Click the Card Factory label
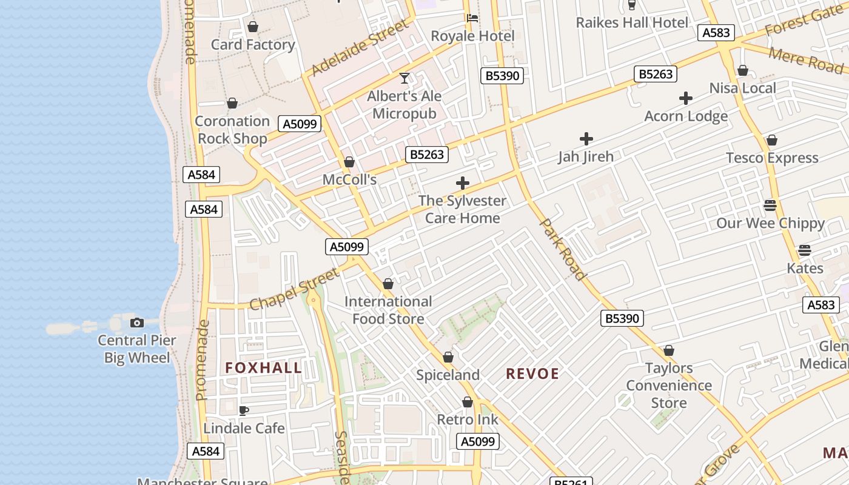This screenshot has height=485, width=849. (x=253, y=44)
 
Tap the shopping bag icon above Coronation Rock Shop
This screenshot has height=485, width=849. (x=232, y=103)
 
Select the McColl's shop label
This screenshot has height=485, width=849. (x=349, y=179)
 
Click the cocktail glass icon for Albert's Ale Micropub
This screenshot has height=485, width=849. (x=404, y=78)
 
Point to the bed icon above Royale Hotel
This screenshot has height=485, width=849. (x=472, y=18)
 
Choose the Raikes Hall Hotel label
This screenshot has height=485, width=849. (x=632, y=22)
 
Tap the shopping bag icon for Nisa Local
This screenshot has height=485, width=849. (x=743, y=70)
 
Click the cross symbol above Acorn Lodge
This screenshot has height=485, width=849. (x=686, y=98)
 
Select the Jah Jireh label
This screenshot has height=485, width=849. (x=586, y=156)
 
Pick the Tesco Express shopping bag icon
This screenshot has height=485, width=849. (x=772, y=140)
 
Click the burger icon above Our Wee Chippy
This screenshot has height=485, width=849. (x=770, y=205)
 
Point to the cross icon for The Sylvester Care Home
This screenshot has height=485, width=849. (x=463, y=182)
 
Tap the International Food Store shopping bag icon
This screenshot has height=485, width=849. (x=388, y=284)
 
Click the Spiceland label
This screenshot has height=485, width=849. (x=448, y=375)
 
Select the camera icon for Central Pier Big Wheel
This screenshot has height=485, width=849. (x=137, y=323)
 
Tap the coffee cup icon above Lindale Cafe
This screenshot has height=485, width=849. (x=244, y=410)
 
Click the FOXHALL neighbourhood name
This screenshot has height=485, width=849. (x=263, y=367)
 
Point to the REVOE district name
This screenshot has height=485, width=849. (x=532, y=373)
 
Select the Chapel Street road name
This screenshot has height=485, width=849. (x=295, y=289)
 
